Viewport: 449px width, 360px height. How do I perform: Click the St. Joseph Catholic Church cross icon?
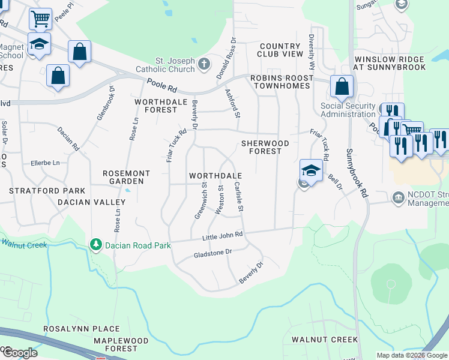tap(204, 62)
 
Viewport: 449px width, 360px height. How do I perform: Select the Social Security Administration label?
tap(348, 110)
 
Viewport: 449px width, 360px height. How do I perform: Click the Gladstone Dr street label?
tap(212, 253)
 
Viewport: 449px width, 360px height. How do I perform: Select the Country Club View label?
tap(280, 50)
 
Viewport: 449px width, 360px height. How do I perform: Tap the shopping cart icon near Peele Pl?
tap(40, 18)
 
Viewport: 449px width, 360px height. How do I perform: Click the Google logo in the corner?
tap(19, 353)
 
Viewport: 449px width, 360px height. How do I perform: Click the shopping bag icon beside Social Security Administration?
tap(342, 87)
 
